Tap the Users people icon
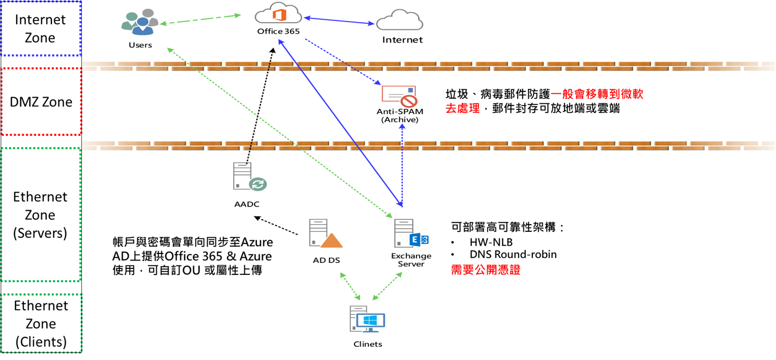coord(140,23)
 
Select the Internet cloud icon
coord(399,21)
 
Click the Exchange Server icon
coord(411,234)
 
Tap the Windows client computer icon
coord(367,319)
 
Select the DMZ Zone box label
coord(41,102)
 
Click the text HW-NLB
coord(491,242)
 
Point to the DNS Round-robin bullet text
coord(513,255)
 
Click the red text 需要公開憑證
coord(485,271)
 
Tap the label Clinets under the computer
coord(368,344)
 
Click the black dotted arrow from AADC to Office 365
coord(260,105)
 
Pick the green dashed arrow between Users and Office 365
coord(201,19)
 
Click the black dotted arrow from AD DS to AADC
coord(281,226)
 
